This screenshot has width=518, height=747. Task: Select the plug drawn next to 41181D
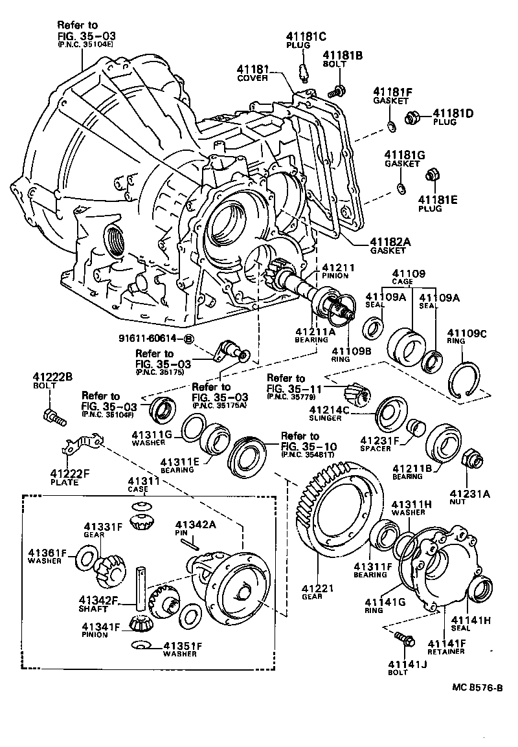tap(412, 118)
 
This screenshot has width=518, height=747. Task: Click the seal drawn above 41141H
tap(480, 589)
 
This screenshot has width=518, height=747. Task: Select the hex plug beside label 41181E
tap(432, 175)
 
